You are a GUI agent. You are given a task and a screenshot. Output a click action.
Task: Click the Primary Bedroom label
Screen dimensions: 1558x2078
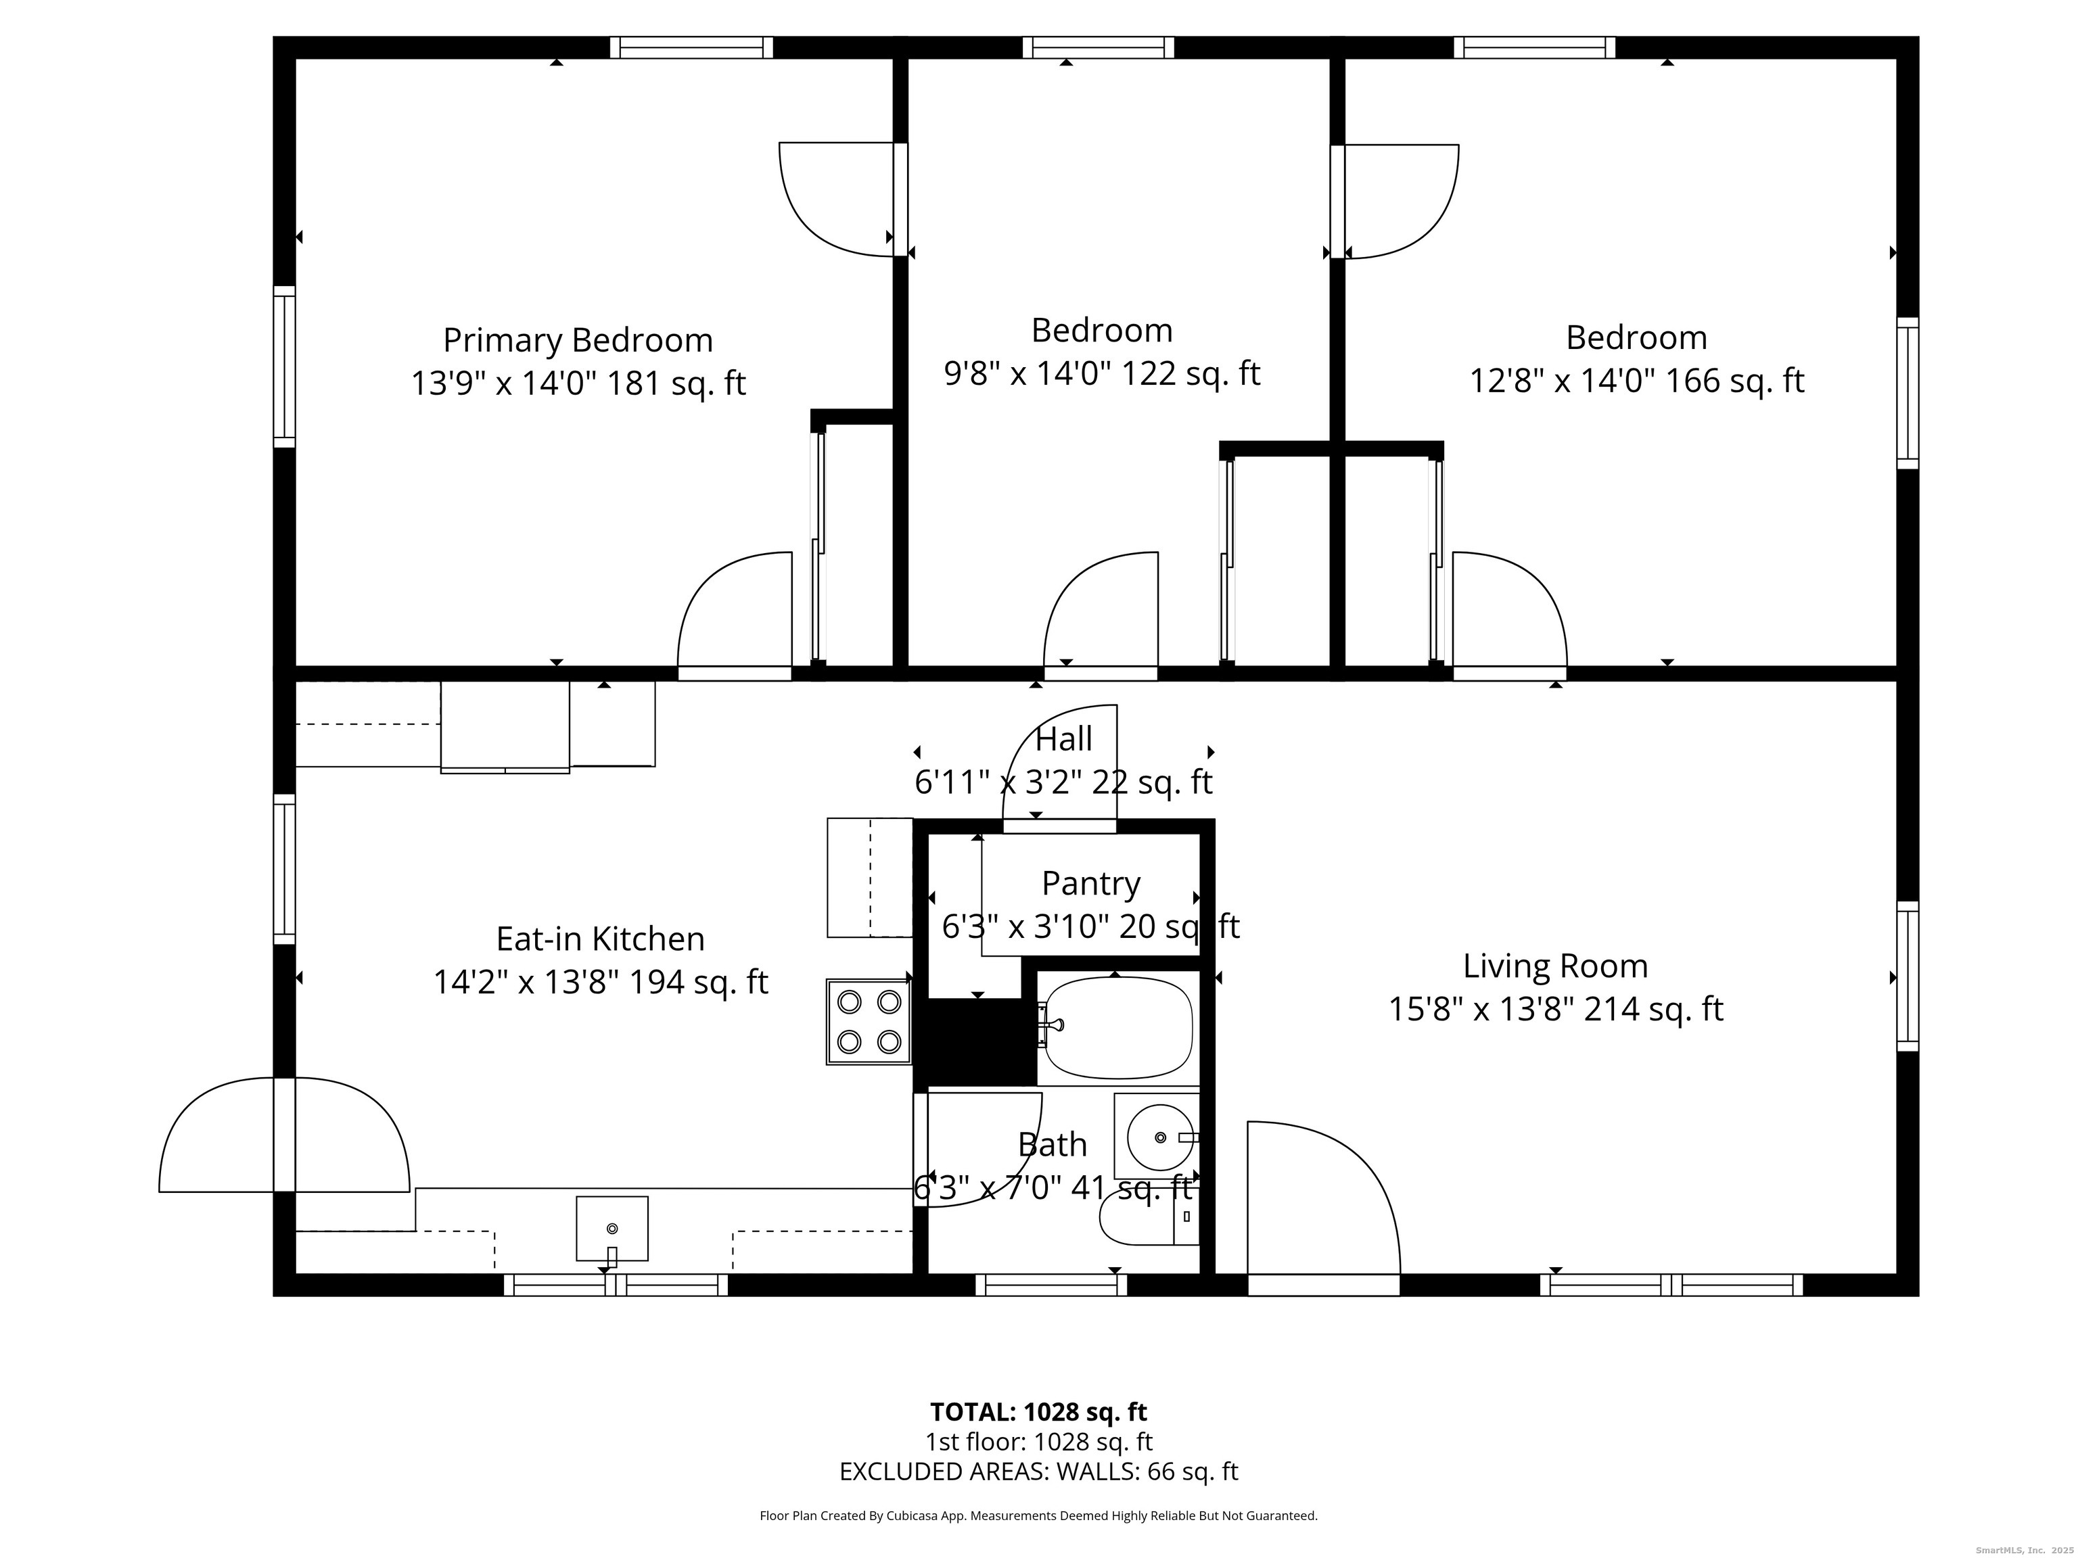coord(578,340)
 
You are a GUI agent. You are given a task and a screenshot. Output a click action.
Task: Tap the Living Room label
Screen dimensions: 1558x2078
coord(1556,966)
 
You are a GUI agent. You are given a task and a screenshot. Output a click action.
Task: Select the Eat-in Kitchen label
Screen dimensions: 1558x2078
coord(600,939)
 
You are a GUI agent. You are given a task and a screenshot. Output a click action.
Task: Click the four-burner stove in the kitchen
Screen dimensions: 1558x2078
coord(869,1022)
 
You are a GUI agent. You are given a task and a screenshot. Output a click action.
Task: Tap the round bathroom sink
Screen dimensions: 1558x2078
coord(1159,1137)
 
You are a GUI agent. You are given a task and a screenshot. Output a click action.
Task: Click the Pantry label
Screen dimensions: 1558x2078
coord(1090,884)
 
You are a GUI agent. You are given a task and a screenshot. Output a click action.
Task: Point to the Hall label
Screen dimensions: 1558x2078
coord(1063,739)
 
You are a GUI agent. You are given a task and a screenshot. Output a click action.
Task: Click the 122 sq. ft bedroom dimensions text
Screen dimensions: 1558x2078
coord(1101,374)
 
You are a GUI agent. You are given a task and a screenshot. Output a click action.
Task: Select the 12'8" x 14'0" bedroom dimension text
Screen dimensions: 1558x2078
coord(1636,381)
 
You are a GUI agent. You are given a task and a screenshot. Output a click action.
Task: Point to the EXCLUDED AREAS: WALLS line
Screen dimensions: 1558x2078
coord(1038,1471)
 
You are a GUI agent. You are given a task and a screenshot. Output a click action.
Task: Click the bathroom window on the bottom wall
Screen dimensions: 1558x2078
coord(1050,1285)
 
